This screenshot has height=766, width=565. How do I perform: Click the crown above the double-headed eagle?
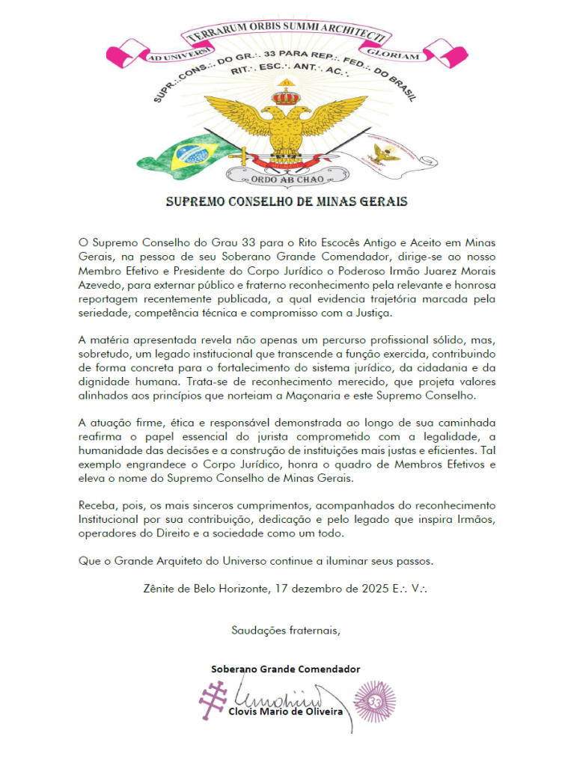click(284, 96)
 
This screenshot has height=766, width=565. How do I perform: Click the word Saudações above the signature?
click(257, 630)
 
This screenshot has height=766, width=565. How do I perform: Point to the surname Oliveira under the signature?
click(320, 711)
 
